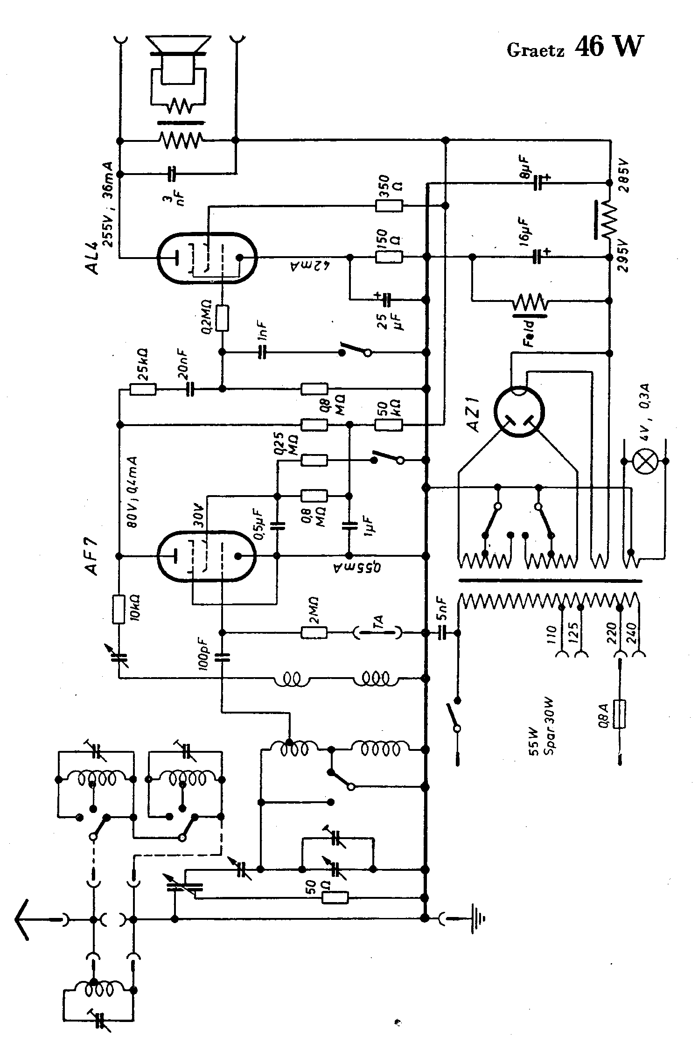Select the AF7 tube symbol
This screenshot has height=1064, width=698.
[207, 556]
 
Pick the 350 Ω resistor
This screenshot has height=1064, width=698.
[389, 205]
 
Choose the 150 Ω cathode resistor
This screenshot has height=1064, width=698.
[389, 257]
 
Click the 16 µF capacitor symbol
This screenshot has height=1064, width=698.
[540, 257]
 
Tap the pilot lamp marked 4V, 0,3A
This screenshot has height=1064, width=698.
[646, 461]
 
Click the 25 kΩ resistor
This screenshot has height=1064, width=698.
[143, 389]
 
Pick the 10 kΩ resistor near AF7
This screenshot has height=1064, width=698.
[119, 609]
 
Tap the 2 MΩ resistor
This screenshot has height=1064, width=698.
[314, 633]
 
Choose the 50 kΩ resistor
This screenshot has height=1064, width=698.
[389, 425]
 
